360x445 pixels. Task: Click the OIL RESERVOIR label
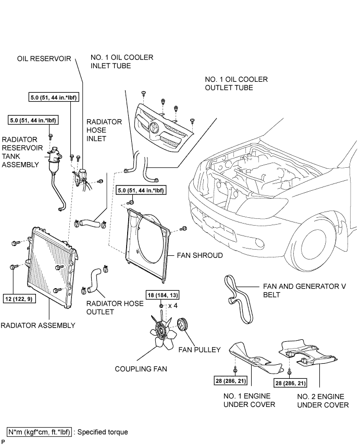tap(44, 59)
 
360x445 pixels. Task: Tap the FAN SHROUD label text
tap(200, 255)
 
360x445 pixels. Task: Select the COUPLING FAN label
tap(141, 369)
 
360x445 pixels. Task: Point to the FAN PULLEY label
tap(200, 350)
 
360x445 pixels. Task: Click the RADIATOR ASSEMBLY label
tap(38, 325)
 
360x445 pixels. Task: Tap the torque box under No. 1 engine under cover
tap(231, 380)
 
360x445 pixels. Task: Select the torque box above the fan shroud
tap(141, 190)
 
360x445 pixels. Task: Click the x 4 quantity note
tap(172, 306)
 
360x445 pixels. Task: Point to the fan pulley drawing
tap(183, 325)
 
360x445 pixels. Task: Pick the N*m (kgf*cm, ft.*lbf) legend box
tap(39, 432)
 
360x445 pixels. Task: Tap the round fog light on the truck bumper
tap(259, 243)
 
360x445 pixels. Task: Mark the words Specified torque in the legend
tap(103, 432)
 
